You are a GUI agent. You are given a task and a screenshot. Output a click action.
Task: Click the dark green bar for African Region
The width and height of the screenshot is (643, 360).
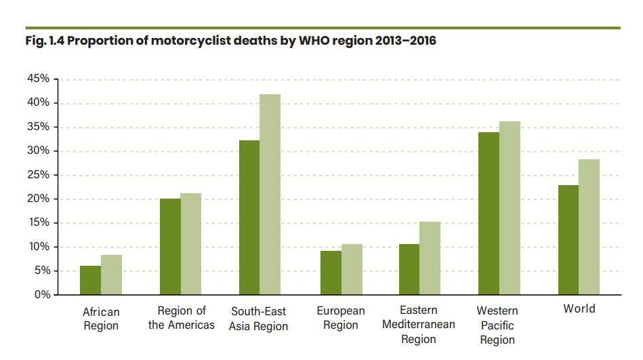tap(90, 280)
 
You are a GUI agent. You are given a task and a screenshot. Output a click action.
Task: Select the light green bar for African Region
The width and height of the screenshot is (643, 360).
tap(111, 275)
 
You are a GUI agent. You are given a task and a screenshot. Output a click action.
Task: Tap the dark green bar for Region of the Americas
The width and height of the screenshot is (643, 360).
tap(170, 247)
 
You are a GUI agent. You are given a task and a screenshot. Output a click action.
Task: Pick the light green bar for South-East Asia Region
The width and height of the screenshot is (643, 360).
tap(270, 195)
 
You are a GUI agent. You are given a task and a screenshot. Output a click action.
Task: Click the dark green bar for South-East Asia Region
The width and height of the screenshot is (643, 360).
tap(249, 218)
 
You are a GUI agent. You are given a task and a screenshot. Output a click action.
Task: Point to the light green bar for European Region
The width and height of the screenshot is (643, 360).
tap(352, 269)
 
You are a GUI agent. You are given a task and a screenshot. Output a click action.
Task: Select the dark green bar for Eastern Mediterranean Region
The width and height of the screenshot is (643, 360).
tap(409, 269)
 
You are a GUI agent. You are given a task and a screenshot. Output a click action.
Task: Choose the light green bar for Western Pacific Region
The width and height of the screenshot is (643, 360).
tap(510, 208)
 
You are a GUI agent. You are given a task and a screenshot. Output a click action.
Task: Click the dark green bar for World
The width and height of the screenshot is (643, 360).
tap(568, 240)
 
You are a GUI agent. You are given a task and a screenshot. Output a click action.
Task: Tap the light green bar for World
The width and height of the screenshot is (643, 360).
tap(589, 227)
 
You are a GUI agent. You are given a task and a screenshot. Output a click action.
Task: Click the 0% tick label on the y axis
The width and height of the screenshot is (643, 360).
tap(41, 295)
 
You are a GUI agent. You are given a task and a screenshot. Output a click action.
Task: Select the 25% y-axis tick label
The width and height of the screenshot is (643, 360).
tap(39, 175)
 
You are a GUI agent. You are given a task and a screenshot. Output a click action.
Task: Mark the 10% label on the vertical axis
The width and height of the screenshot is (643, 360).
tap(39, 247)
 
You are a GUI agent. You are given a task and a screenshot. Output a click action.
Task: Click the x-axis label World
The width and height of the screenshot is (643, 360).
tap(579, 309)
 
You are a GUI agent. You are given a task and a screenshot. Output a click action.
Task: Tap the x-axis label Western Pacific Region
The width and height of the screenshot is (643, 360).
tap(497, 325)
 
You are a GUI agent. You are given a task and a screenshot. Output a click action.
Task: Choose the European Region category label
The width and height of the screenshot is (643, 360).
tap(341, 318)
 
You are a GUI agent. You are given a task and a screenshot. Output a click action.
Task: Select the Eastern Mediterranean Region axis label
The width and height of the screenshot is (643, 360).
tap(419, 325)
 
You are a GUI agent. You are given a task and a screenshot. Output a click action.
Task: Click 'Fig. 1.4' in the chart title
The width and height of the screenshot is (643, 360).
tap(44, 41)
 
